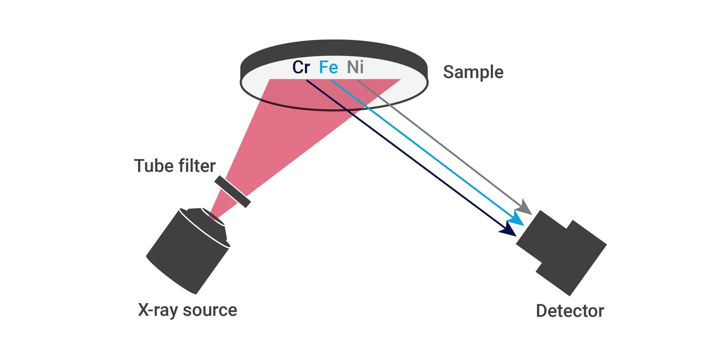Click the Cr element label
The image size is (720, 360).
click(x=301, y=67)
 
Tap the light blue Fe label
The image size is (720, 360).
click(x=328, y=67)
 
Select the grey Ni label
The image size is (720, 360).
click(x=355, y=67)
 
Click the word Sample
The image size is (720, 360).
click(x=473, y=72)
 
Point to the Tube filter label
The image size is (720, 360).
click(x=175, y=166)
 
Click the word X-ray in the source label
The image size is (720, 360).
click(x=158, y=310)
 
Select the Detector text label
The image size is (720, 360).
click(x=570, y=311)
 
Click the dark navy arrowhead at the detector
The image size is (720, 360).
click(x=507, y=229)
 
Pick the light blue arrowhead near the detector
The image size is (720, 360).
click(x=517, y=218)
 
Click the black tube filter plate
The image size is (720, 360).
click(x=232, y=191)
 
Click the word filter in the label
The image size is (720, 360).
click(x=194, y=166)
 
